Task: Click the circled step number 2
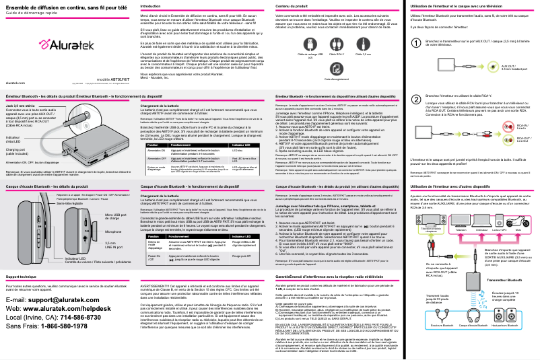click(x=415, y=98)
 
